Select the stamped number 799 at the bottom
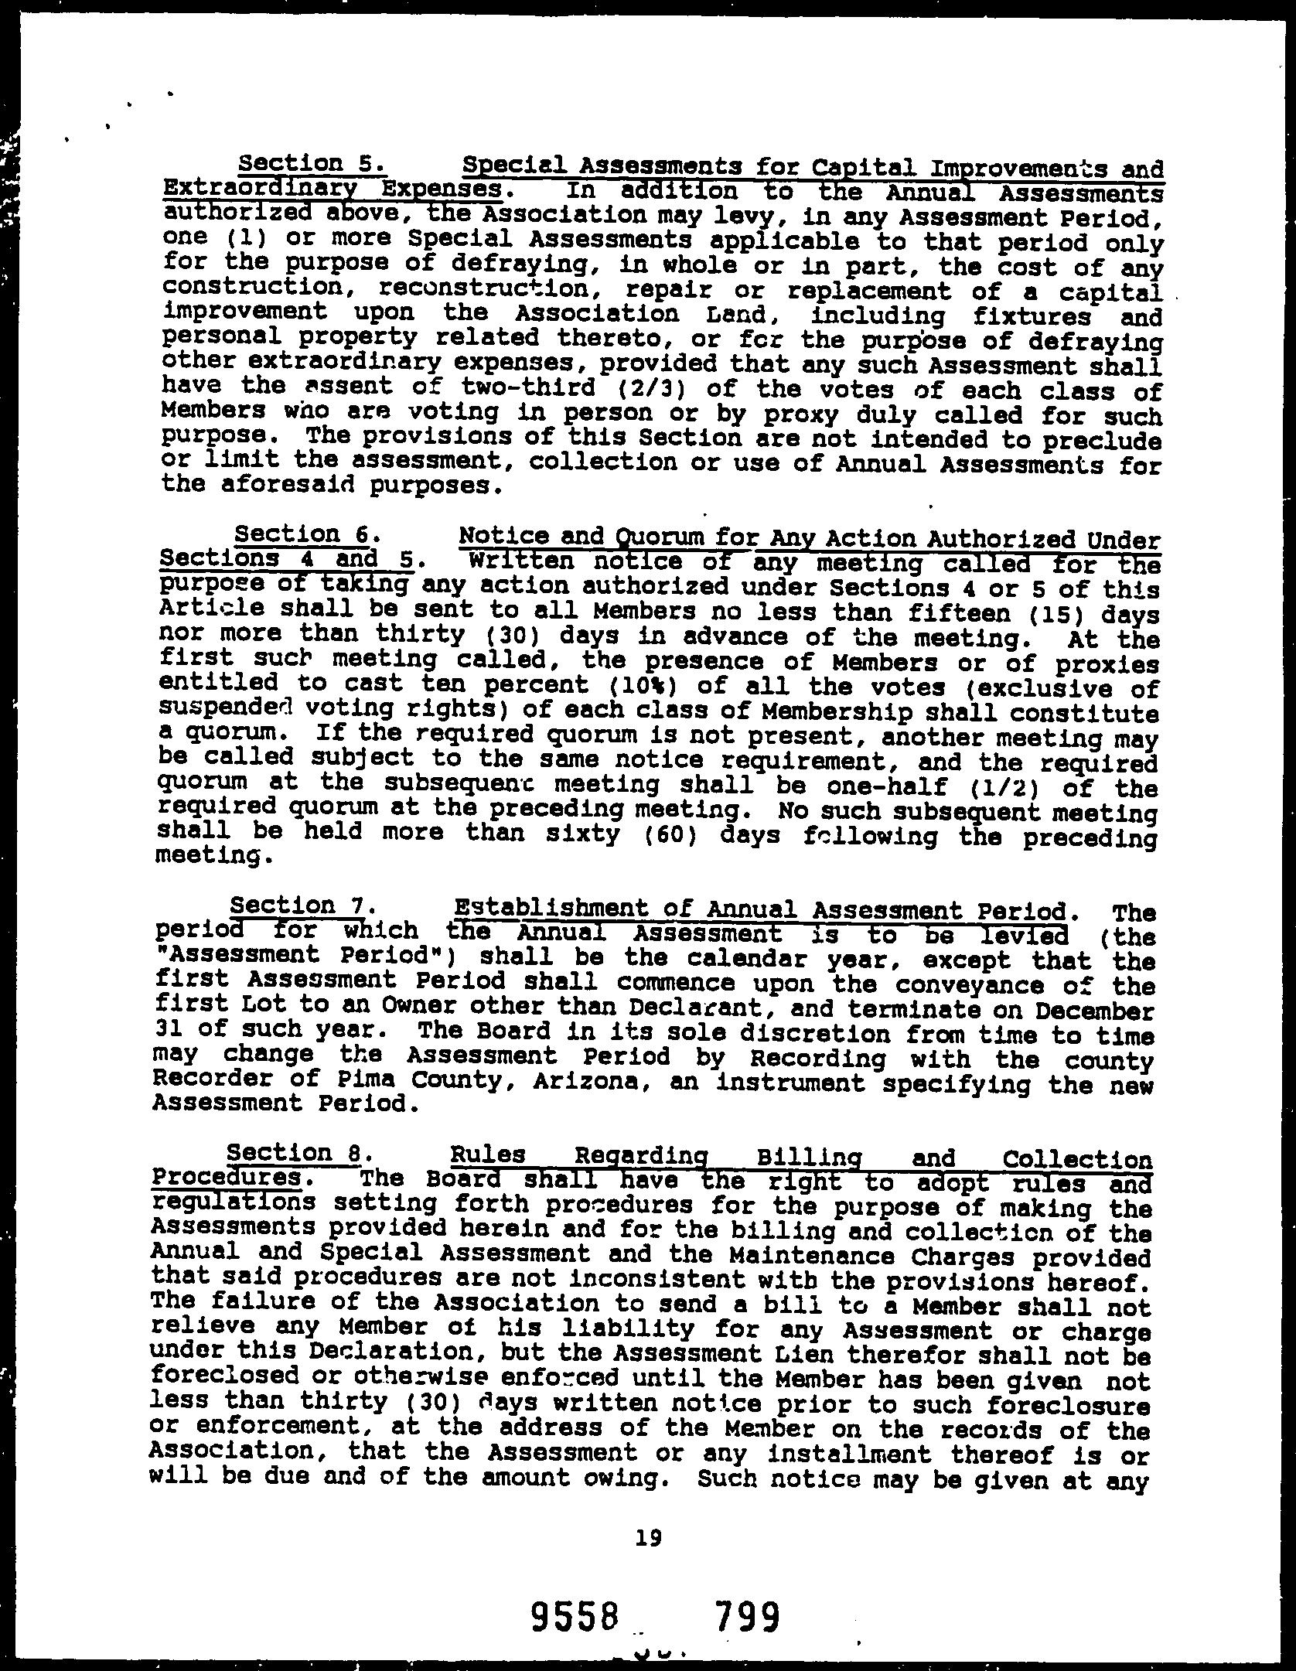pos(746,1615)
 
